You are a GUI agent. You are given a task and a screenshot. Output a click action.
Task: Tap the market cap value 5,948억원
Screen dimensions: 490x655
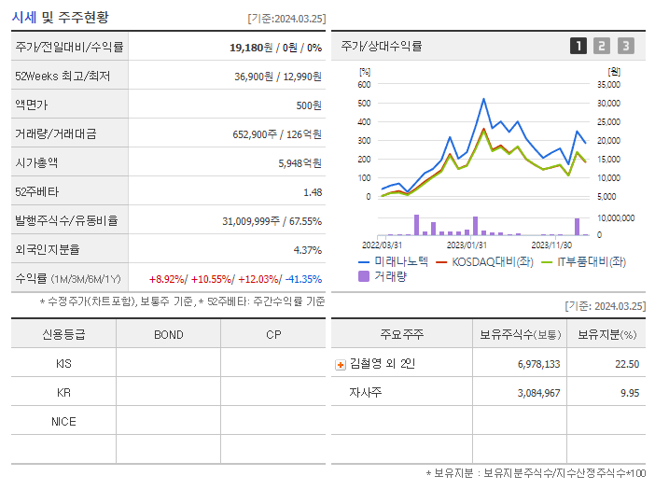point(300,162)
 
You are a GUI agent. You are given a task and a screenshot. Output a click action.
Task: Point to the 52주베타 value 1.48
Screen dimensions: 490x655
point(313,191)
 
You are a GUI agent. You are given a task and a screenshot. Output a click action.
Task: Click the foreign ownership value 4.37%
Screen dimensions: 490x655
point(307,249)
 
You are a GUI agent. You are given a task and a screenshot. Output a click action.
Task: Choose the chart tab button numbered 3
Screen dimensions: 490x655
point(625,46)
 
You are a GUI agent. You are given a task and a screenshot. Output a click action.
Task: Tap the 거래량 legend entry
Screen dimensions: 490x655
point(388,275)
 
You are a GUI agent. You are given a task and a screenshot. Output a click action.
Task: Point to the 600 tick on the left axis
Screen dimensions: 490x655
point(364,84)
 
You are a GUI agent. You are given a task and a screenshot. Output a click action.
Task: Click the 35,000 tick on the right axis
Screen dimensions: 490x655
point(607,84)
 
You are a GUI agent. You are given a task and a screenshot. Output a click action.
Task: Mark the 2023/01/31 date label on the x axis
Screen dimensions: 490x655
point(463,245)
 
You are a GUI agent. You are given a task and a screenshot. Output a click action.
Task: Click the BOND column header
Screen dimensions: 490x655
point(168,334)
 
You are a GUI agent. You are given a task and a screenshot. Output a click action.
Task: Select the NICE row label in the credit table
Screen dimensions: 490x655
point(63,421)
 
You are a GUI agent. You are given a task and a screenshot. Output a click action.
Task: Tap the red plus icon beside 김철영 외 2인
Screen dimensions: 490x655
point(341,364)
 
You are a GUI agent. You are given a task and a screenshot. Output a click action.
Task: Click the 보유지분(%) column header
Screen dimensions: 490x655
point(606,334)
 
